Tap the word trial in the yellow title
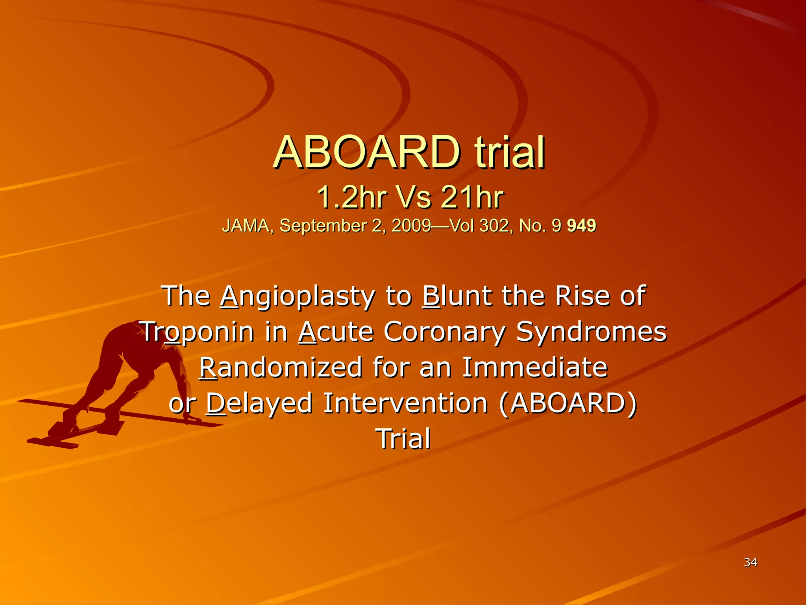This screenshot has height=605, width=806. coord(509,152)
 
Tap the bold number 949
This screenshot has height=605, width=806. coord(581,226)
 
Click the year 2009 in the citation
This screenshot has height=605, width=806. coord(411,226)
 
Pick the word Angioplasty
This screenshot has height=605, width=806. coord(298,297)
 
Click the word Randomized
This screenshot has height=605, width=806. coord(281,367)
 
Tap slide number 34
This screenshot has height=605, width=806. coord(751,562)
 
